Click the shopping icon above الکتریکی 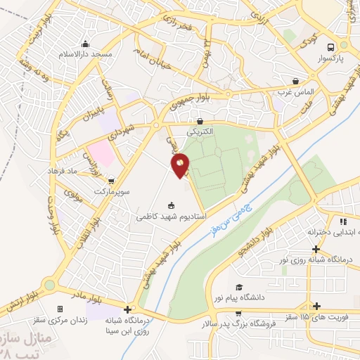pos(200,121)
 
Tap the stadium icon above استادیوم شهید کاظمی pos(170,205)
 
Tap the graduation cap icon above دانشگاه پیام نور pos(240,288)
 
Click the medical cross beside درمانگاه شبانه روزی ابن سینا pos(127,309)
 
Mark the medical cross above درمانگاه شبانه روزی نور pos(317,249)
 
